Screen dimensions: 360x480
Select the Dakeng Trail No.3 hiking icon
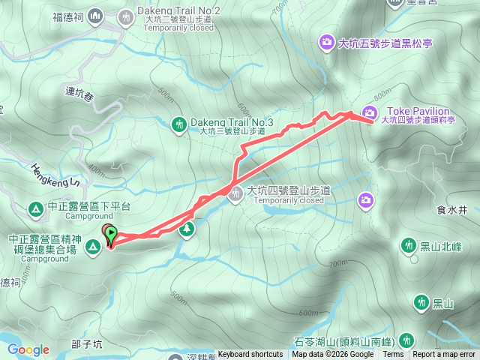tap(179, 122)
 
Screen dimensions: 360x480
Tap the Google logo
tap(28, 349)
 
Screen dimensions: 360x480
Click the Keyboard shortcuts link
tap(250, 355)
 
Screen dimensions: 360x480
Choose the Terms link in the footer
tap(393, 355)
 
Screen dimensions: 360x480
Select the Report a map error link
tap(444, 355)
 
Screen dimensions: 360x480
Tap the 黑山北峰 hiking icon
tap(409, 244)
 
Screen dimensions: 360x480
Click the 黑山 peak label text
tap(443, 303)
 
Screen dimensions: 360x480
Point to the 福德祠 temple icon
tap(95, 15)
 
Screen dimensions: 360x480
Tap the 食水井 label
tap(451, 211)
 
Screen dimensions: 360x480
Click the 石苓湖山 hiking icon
tap(406, 338)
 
